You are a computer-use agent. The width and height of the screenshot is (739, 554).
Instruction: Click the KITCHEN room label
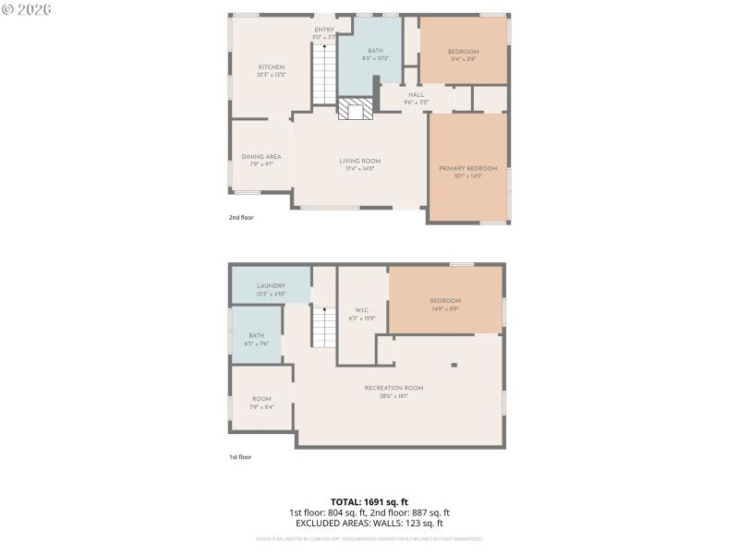click(x=271, y=67)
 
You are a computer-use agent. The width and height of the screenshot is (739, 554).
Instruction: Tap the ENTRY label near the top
click(x=324, y=30)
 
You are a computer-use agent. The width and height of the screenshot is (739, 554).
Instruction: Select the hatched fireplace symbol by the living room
click(x=355, y=110)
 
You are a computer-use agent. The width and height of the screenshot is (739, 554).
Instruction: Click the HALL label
click(x=416, y=94)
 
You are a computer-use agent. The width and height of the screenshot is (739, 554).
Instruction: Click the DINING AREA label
click(x=261, y=157)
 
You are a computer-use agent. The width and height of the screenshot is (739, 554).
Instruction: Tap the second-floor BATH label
click(x=375, y=52)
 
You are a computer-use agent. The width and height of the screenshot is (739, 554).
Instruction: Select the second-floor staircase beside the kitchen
click(x=323, y=74)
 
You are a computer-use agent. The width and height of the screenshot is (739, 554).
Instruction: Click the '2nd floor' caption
click(x=241, y=218)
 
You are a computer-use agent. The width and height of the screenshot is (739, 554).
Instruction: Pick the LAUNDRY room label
click(x=271, y=286)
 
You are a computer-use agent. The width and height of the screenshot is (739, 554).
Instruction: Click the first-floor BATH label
click(x=256, y=336)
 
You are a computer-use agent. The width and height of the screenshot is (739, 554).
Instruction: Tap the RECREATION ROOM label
click(x=394, y=389)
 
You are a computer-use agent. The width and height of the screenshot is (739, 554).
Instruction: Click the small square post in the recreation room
click(x=454, y=365)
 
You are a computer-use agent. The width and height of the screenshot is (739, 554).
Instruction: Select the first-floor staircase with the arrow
click(x=323, y=327)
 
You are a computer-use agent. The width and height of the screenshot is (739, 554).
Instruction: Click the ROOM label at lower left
click(x=261, y=400)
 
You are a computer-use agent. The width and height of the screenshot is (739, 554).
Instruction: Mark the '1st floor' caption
click(x=240, y=457)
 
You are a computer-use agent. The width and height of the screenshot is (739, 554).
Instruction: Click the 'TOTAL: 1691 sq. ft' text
click(x=369, y=501)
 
